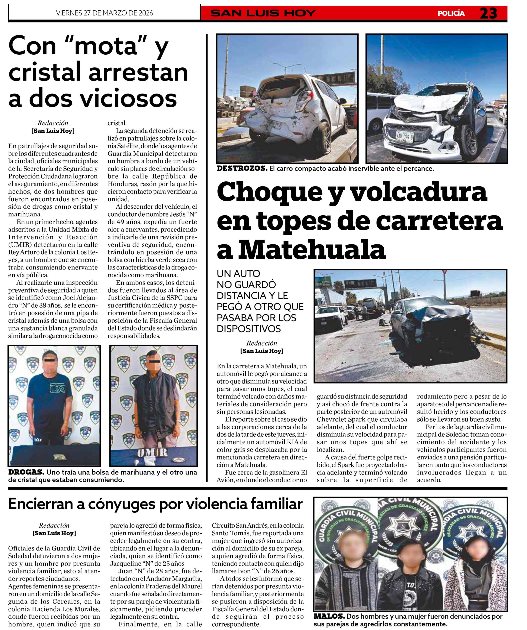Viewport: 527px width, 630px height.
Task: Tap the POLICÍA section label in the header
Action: click(x=451, y=14)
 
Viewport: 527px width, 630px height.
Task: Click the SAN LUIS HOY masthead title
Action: click(x=263, y=13)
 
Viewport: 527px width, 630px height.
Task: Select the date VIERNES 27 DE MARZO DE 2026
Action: click(x=104, y=13)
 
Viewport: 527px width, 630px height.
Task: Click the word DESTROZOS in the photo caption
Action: click(x=242, y=169)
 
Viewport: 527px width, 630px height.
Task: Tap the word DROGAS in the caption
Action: click(x=26, y=472)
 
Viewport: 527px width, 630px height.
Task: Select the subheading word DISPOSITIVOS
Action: click(x=249, y=329)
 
